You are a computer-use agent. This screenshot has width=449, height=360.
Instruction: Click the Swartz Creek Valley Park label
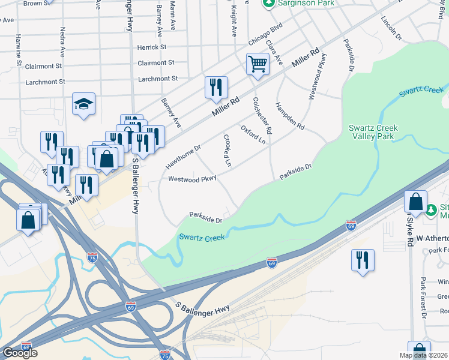[x=373, y=133]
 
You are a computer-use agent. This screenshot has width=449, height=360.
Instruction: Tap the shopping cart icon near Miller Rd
[x=258, y=64]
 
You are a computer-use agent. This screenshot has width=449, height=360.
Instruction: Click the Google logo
[x=20, y=353]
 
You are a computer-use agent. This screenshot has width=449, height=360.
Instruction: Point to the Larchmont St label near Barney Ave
[x=158, y=79]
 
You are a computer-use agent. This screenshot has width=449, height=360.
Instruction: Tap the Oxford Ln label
[x=253, y=134]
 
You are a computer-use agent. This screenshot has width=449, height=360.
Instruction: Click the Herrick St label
[x=151, y=47]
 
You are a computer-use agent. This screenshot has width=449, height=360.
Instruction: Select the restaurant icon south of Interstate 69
[x=363, y=260]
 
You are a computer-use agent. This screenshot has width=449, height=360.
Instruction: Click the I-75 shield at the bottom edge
[x=164, y=355]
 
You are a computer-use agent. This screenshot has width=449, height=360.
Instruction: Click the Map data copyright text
[x=422, y=355]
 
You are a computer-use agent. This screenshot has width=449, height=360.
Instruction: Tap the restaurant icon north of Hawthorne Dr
[x=216, y=88]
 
